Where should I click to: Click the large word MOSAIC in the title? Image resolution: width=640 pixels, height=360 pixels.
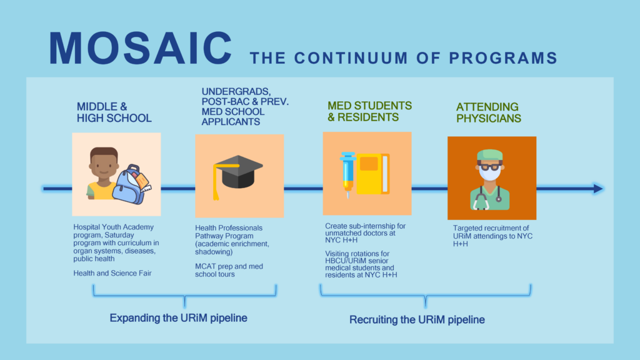tap(141, 47)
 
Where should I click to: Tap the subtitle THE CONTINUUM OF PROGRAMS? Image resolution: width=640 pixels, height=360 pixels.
tap(403, 58)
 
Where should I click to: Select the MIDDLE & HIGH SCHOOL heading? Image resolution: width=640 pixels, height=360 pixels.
tap(114, 112)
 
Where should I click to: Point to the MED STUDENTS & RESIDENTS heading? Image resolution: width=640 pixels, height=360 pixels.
tap(370, 111)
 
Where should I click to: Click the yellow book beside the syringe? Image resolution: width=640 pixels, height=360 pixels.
tap(372, 174)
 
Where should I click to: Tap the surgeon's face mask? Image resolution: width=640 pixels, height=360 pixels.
tap(491, 175)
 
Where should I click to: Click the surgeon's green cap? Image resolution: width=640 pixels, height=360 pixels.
tap(491, 154)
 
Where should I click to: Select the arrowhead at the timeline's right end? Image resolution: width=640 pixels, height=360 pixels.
tap(596, 188)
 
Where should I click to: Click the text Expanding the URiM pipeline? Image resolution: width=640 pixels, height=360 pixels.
tap(178, 318)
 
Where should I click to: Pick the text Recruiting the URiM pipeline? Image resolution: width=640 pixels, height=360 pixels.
tap(417, 320)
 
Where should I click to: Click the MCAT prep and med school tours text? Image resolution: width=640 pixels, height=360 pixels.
tap(229, 270)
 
